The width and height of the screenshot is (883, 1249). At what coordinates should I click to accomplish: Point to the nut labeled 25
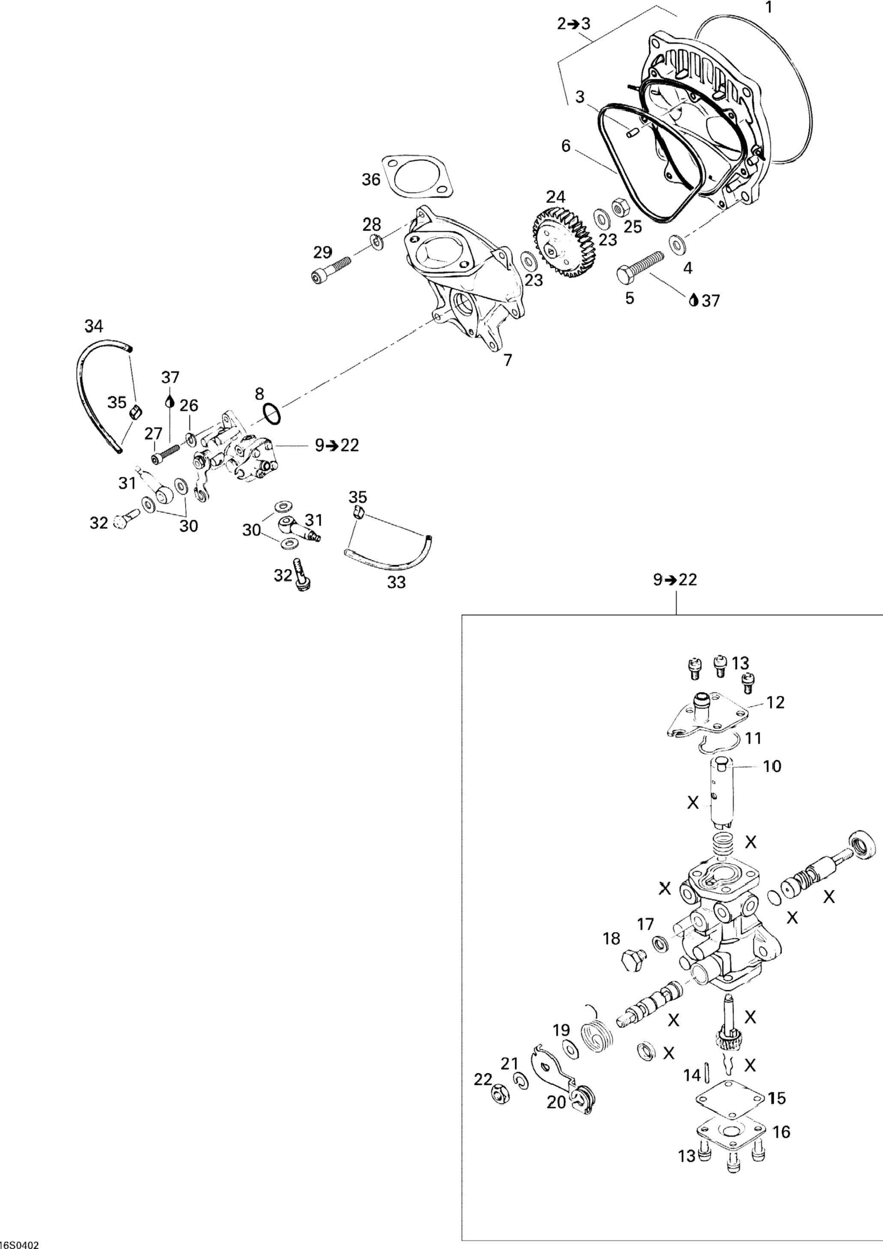point(619,208)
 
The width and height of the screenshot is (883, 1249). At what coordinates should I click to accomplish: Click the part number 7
point(507,360)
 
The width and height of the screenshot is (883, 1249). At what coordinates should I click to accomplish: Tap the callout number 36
point(371,179)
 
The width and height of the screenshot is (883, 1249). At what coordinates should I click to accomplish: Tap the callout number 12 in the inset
point(776,702)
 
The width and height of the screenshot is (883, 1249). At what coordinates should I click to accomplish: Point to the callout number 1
point(768,8)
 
